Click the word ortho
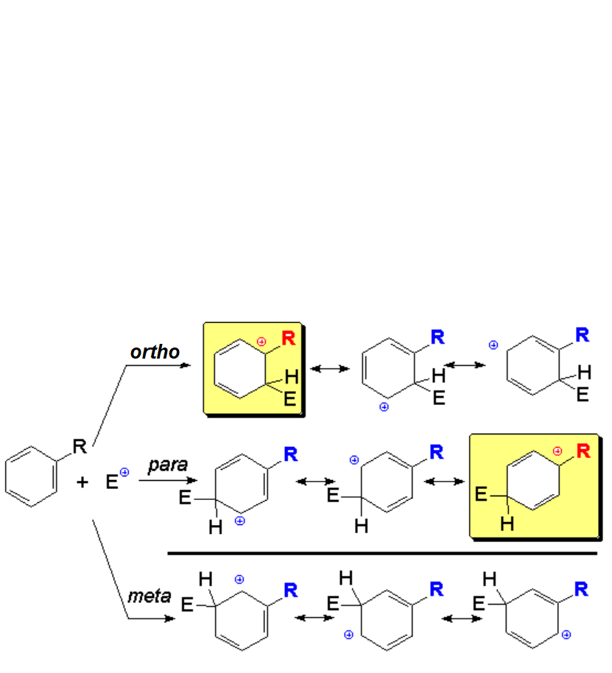click(155, 352)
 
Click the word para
click(168, 465)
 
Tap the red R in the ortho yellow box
click(288, 339)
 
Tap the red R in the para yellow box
click(583, 451)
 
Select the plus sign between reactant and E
click(82, 483)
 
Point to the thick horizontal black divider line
click(382, 552)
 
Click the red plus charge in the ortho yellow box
click(261, 342)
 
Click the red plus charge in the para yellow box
click(557, 450)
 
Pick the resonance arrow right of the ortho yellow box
click(330, 367)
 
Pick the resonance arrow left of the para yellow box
click(446, 482)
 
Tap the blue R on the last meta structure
click(581, 589)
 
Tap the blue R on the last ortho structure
click(583, 336)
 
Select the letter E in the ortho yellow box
click(290, 400)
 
